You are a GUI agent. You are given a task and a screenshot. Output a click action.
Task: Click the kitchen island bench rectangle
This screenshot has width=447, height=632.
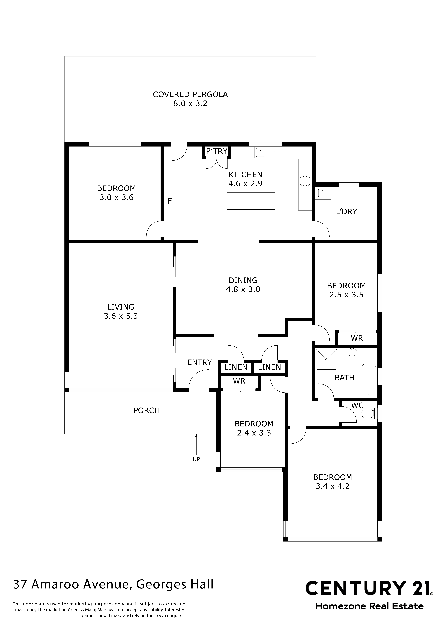[251, 201]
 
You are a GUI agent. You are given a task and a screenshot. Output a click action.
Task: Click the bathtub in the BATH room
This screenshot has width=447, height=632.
[368, 380]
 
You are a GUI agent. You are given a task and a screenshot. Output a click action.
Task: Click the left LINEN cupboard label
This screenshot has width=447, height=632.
[236, 367]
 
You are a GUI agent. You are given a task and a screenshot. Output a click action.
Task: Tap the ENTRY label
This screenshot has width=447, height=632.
[200, 362]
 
